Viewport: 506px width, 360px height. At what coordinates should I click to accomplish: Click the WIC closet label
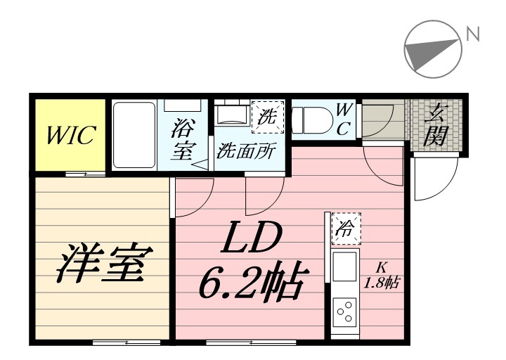coord(70,135)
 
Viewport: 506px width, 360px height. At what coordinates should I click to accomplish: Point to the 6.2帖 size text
coord(251,283)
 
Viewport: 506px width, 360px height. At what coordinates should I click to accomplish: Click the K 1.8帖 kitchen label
coord(382,276)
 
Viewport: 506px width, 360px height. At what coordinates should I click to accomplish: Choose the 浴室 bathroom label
coord(183,140)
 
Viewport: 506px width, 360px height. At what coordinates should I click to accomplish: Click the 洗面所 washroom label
coord(246,150)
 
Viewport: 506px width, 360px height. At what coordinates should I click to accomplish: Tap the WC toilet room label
coord(344,119)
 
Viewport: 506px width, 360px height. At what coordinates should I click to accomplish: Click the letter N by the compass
coord(473,33)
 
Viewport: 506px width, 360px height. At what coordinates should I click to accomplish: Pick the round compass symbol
coord(433,49)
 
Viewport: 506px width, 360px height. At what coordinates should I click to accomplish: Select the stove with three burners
coord(344,311)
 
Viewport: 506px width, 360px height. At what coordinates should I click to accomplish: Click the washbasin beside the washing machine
coord(232,115)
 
